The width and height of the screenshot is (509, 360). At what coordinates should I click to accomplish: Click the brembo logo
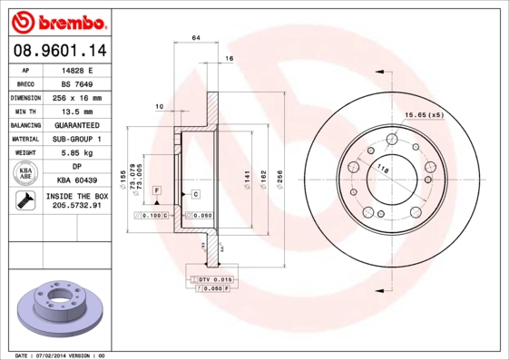click(60, 20)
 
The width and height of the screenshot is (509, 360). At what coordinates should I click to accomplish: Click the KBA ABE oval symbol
click(26, 174)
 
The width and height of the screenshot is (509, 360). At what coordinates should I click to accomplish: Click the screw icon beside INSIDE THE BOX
click(25, 200)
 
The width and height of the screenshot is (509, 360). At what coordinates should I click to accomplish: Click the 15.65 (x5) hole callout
click(423, 114)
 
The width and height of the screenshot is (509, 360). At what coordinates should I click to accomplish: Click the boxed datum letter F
click(157, 189)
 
